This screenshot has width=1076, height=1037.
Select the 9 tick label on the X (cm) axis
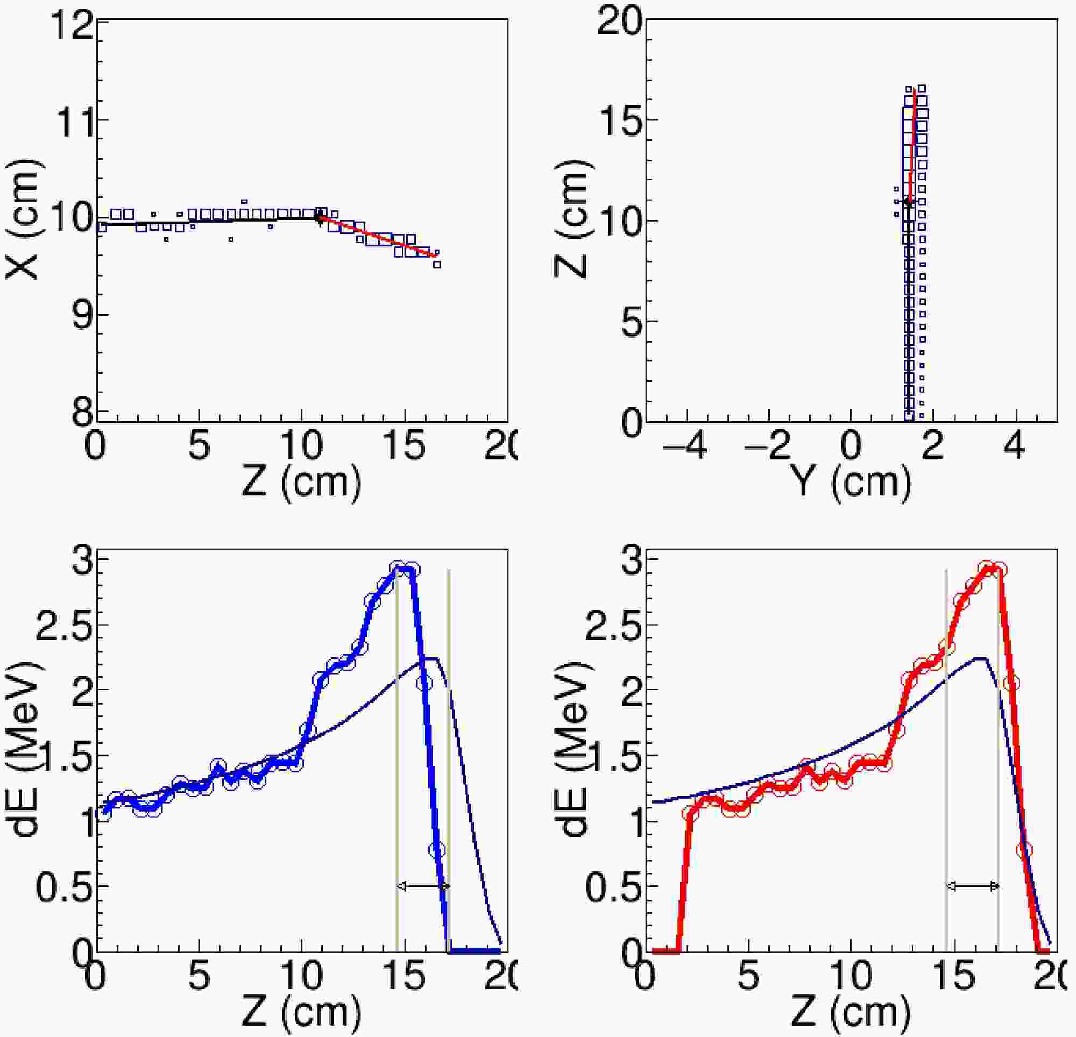(x=82, y=316)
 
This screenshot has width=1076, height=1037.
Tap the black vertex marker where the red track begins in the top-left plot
(x=319, y=219)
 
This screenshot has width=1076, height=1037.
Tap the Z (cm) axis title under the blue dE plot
(x=301, y=1013)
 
